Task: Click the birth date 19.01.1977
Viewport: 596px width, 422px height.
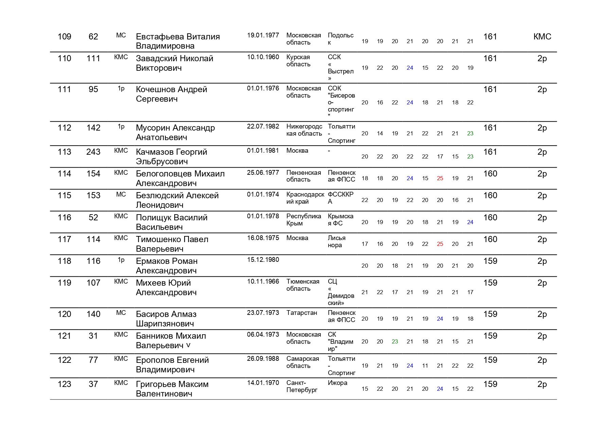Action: [263, 35]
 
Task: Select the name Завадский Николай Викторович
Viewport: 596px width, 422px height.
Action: [174, 63]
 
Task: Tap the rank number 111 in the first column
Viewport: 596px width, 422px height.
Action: [64, 89]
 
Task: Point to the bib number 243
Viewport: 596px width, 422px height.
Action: [93, 152]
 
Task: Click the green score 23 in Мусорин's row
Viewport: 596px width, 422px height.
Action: [470, 134]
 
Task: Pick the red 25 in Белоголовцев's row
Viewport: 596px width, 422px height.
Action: [440, 179]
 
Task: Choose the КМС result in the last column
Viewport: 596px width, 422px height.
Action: [542, 37]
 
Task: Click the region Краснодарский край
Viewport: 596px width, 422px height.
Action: [305, 198]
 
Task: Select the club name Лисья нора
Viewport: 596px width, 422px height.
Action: [336, 241]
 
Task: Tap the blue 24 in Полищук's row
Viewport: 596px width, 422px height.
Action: [470, 222]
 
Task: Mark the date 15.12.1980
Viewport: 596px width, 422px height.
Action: [263, 260]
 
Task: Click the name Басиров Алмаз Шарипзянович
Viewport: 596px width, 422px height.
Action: [166, 319]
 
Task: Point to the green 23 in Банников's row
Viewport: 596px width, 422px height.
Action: [395, 342]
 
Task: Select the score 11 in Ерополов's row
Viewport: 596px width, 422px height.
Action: [425, 366]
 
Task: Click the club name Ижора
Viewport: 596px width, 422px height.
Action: [337, 383]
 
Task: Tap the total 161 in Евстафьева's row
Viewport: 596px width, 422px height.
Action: [490, 37]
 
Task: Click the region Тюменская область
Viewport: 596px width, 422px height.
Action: [303, 285]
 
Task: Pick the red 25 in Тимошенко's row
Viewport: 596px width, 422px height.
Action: [440, 244]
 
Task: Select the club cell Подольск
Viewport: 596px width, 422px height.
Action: [340, 39]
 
